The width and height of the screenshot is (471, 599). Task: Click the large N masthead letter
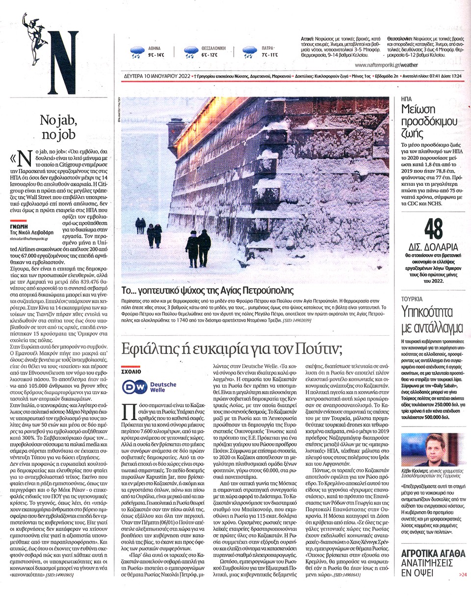coord(62,62)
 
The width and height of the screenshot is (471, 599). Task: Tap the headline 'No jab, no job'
coord(58,126)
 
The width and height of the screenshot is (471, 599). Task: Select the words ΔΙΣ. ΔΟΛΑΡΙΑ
coord(433,247)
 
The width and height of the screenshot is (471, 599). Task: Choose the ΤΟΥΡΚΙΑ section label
coord(412,298)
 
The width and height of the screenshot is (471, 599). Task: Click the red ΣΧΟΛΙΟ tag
coord(131,371)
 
